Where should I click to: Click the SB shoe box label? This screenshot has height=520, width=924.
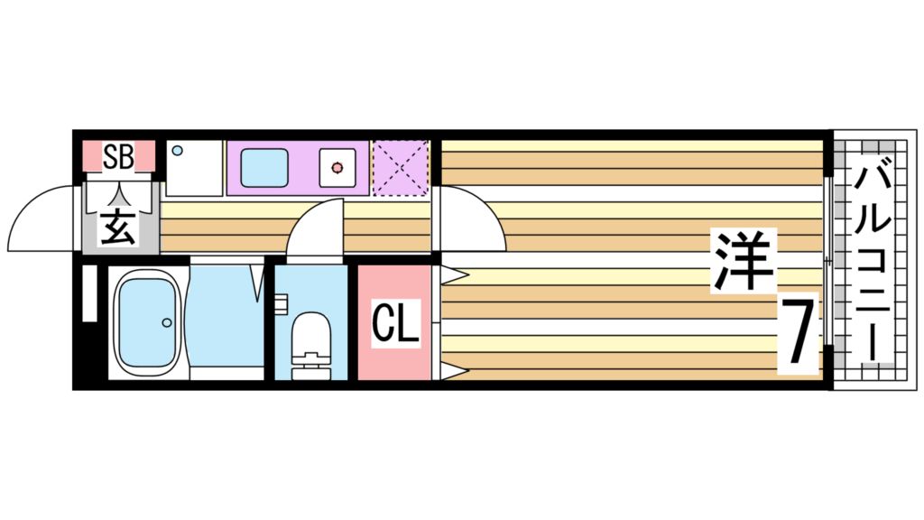point(118,156)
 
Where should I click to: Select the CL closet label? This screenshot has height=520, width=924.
point(395,323)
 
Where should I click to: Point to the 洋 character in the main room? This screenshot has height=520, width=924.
point(744,261)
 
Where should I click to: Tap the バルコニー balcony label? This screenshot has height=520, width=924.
point(873,264)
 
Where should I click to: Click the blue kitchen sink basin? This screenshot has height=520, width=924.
point(264,168)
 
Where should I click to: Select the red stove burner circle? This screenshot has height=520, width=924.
point(337,168)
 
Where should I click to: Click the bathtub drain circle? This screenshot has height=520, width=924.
point(167,322)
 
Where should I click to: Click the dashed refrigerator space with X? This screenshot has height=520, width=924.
point(401,168)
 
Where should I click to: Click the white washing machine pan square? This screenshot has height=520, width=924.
point(195,168)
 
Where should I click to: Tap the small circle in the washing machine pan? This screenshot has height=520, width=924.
point(178,151)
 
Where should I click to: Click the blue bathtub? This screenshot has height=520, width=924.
point(147,322)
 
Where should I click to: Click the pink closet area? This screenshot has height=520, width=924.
point(394,322)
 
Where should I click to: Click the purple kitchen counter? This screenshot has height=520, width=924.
point(298,168)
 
